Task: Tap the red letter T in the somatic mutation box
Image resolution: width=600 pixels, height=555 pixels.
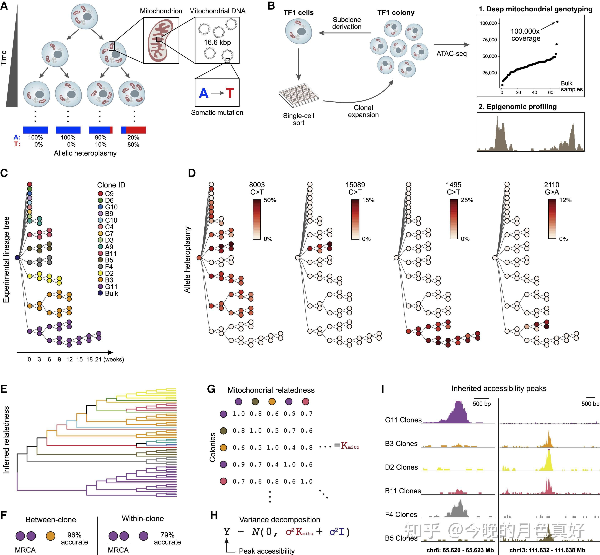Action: pos(230,93)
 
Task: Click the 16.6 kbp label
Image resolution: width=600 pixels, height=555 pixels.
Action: pos(217,42)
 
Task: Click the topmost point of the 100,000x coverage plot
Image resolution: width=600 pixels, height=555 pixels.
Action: pos(557,22)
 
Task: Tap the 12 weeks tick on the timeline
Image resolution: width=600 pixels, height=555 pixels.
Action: pos(69,359)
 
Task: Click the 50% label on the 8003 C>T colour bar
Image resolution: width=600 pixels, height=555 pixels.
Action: pos(270,200)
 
